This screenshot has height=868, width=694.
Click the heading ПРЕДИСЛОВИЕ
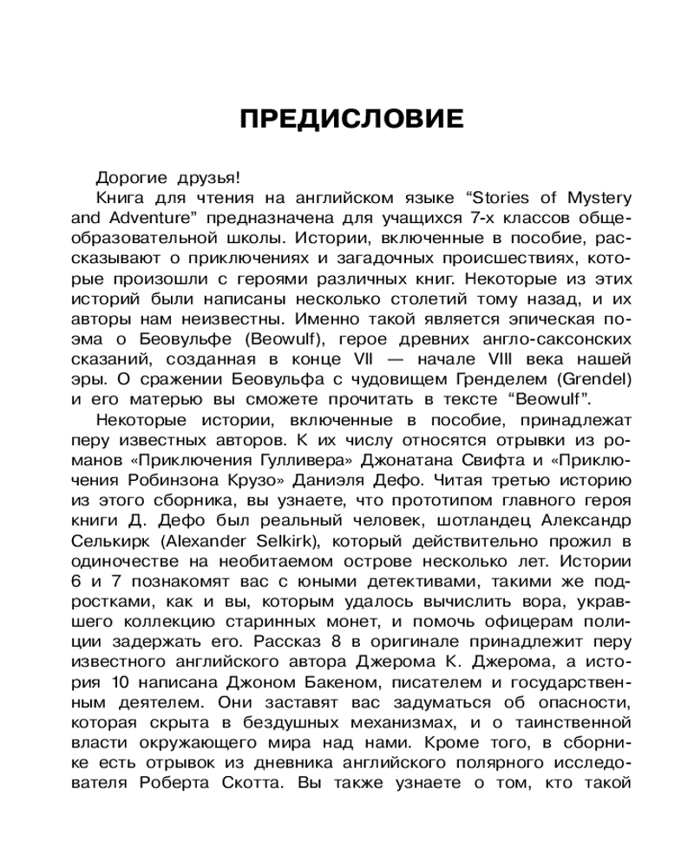pos(351,118)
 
